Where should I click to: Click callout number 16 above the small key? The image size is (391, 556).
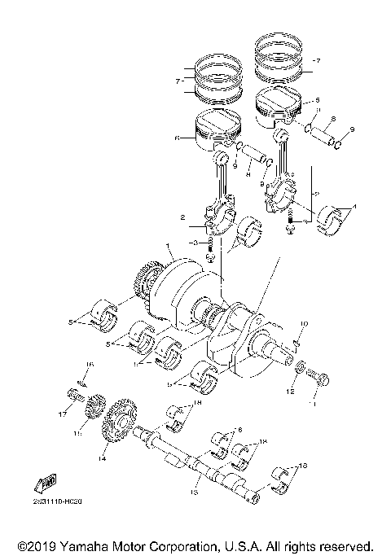[90, 366]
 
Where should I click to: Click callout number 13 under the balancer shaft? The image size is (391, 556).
[195, 492]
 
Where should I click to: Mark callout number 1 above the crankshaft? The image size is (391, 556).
[166, 245]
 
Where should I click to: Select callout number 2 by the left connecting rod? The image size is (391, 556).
[184, 218]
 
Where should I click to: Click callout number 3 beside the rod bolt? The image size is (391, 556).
[194, 243]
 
